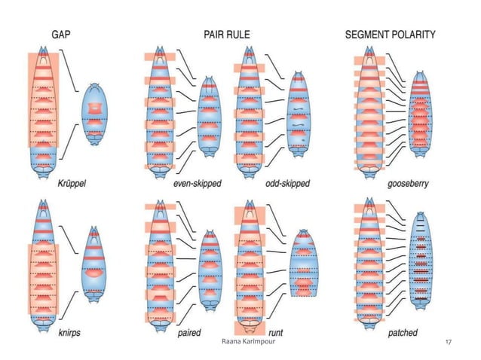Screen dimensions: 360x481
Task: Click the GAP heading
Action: pos(62,34)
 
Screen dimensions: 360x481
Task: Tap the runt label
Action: pos(276,331)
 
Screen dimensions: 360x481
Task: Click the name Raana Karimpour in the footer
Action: pos(240,342)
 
